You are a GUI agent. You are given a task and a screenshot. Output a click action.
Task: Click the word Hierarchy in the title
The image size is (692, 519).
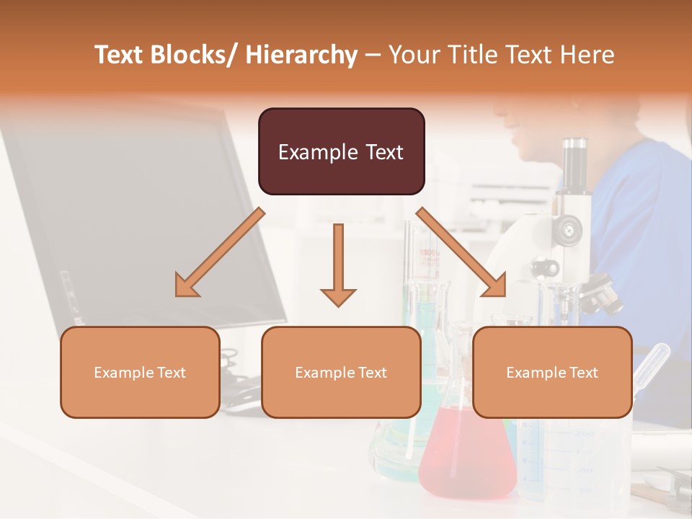pyautogui.click(x=301, y=55)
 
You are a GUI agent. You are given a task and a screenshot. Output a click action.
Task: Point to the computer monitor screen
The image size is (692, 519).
pyautogui.click(x=137, y=216)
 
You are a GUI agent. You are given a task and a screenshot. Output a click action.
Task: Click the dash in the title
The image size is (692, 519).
pyautogui.click(x=373, y=55)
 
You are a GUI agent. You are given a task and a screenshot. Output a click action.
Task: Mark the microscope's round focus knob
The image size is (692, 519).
pyautogui.click(x=569, y=229)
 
